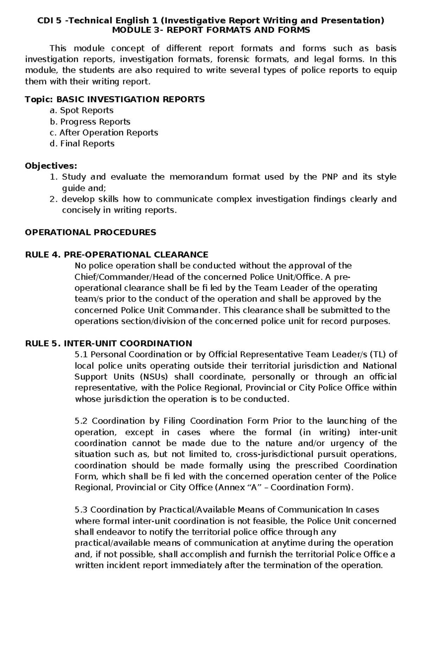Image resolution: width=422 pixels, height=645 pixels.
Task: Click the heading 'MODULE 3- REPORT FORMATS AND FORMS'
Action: point(211,30)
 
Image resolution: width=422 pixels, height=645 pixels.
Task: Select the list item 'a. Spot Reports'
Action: point(81,110)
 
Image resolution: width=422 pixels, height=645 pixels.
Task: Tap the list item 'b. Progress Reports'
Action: point(90,122)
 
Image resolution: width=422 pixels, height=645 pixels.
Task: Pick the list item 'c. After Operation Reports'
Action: point(104,133)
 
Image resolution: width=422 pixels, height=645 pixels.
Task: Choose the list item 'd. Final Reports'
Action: point(82,143)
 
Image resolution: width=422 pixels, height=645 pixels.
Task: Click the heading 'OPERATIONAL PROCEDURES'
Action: point(90,232)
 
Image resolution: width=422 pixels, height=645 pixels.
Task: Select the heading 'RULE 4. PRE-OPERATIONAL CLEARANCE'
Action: point(117,254)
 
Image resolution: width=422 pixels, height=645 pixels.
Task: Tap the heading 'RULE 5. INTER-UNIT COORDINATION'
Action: point(109,343)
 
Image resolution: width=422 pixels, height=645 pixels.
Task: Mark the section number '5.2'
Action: point(82,421)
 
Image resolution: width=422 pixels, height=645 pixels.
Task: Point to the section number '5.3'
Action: point(81,510)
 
